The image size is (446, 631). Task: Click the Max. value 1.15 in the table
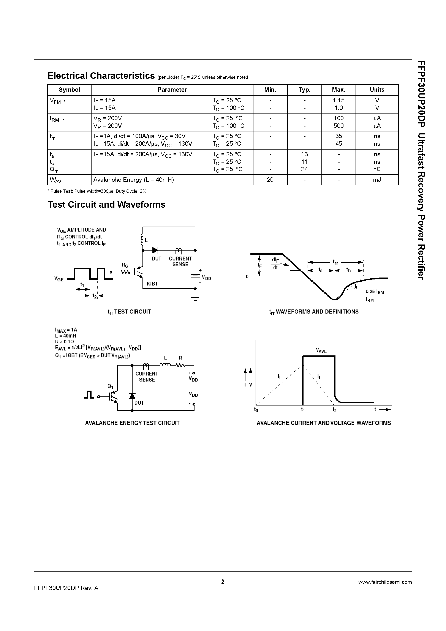click(338, 100)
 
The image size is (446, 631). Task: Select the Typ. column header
click(304, 90)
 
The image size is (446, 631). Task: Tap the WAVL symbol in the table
click(57, 180)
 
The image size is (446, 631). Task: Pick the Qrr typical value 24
click(304, 169)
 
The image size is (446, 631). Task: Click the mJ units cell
click(377, 180)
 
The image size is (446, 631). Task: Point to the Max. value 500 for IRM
click(338, 126)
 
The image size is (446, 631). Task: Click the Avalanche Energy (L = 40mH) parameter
click(134, 180)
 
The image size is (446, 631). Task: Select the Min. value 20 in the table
click(270, 180)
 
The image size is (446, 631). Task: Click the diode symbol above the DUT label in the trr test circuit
click(155, 250)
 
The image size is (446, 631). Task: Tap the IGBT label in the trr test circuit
click(152, 284)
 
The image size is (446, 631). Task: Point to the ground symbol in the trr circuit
click(195, 299)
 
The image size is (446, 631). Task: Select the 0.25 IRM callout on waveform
click(375, 292)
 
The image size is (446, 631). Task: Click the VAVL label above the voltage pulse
click(321, 351)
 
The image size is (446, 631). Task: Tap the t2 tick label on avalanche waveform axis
click(334, 410)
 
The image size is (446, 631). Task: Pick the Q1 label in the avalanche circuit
click(110, 386)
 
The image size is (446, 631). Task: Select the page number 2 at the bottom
click(223, 582)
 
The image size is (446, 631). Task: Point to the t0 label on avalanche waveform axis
click(256, 410)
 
